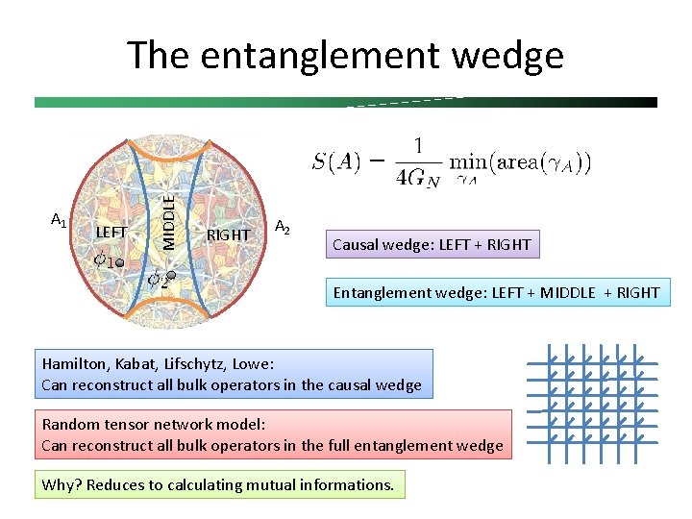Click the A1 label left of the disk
[x=58, y=221]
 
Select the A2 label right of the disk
[x=283, y=227]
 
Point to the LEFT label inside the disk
[x=111, y=232]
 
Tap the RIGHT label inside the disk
[x=229, y=235]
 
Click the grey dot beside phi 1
[x=120, y=261]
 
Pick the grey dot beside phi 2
[x=171, y=276]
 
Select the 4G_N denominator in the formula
[x=419, y=178]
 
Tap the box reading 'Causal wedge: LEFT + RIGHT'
[x=431, y=244]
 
